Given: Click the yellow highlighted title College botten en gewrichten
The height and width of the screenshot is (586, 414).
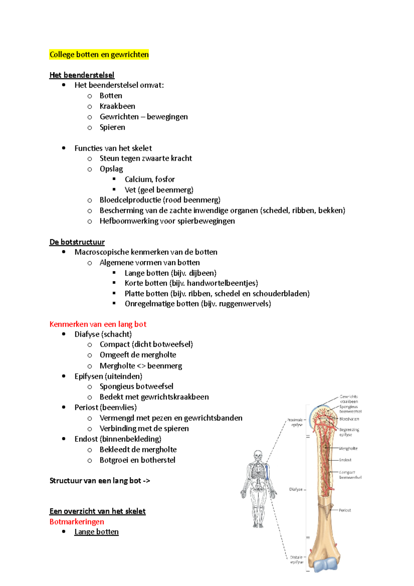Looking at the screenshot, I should tap(99, 55).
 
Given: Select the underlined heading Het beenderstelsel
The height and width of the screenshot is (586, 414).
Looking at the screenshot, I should tap(82, 75).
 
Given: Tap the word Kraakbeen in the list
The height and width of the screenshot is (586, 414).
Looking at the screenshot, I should tap(117, 106).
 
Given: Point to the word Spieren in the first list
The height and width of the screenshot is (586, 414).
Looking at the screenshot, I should tap(112, 127).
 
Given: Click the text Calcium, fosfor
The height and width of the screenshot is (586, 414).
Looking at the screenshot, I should tap(150, 179).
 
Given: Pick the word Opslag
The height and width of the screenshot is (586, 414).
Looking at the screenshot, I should tap(111, 169).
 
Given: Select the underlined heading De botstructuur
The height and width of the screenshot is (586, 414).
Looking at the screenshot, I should tap(77, 242).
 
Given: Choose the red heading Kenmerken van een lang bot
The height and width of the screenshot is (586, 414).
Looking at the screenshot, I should tap(98, 324).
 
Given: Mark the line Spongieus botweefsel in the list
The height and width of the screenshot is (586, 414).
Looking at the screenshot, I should tap(136, 387).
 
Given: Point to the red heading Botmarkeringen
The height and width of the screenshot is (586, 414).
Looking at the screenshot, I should tap(77, 521).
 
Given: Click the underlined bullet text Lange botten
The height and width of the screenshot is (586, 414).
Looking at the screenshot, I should tap(96, 532).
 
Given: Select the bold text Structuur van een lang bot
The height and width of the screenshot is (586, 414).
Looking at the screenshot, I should tap(95, 481).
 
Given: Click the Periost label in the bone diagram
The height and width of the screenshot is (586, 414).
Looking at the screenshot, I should tap(345, 510).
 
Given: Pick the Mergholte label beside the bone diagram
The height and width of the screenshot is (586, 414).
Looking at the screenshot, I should tap(348, 449).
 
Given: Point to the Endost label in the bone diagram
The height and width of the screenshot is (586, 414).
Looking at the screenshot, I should tap(345, 460).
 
